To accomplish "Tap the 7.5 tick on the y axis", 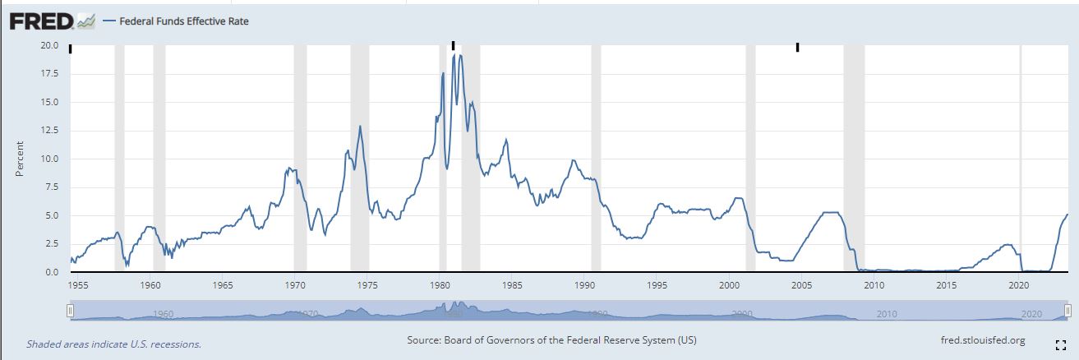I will click(51, 187).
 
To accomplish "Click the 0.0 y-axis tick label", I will click(51, 272).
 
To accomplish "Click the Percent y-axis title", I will click(19, 159).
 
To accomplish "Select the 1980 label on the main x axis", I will click(440, 285).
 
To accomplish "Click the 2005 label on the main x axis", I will click(801, 285).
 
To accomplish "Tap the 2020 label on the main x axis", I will click(1019, 285).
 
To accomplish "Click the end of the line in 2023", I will click(1067, 215).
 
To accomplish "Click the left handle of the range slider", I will click(71, 310).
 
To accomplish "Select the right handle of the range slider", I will click(1067, 310).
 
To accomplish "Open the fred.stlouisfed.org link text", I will click(982, 340).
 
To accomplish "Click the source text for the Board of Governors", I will click(551, 340).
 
